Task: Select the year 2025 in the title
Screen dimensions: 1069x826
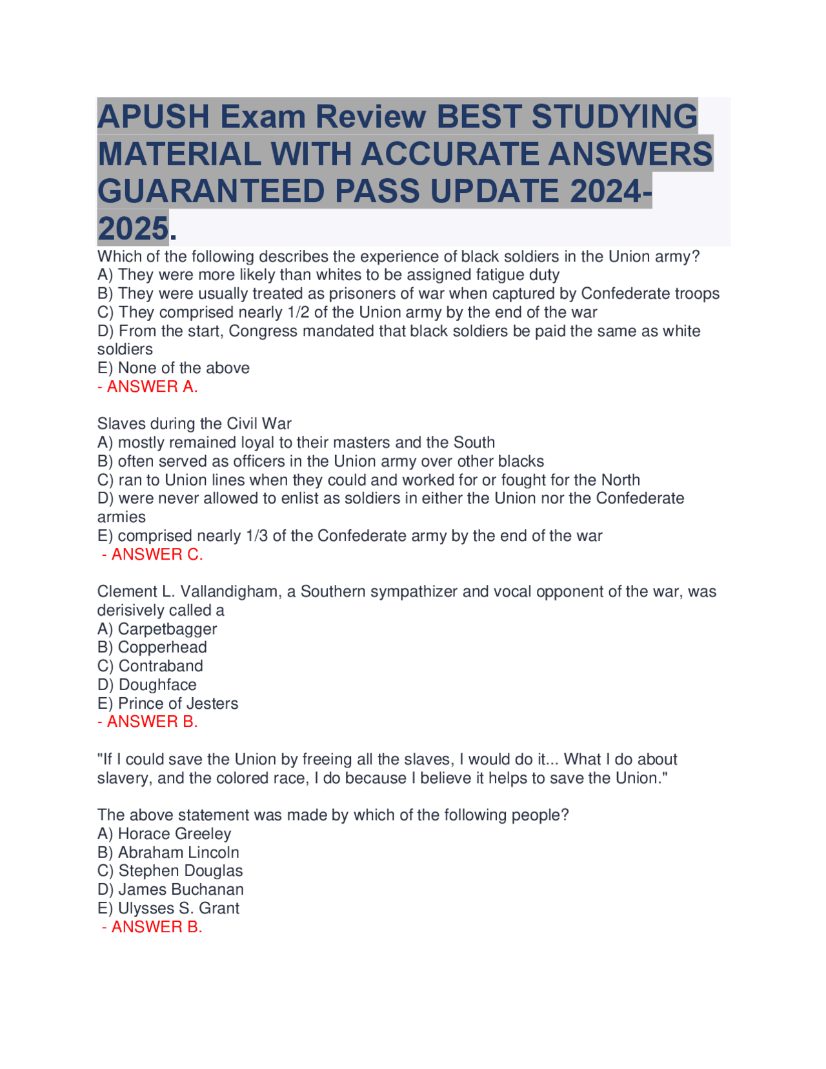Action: [133, 229]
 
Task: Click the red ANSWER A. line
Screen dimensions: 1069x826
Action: [148, 387]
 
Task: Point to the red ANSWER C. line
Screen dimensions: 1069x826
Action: [152, 555]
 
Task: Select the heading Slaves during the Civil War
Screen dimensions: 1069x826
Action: [194, 424]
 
